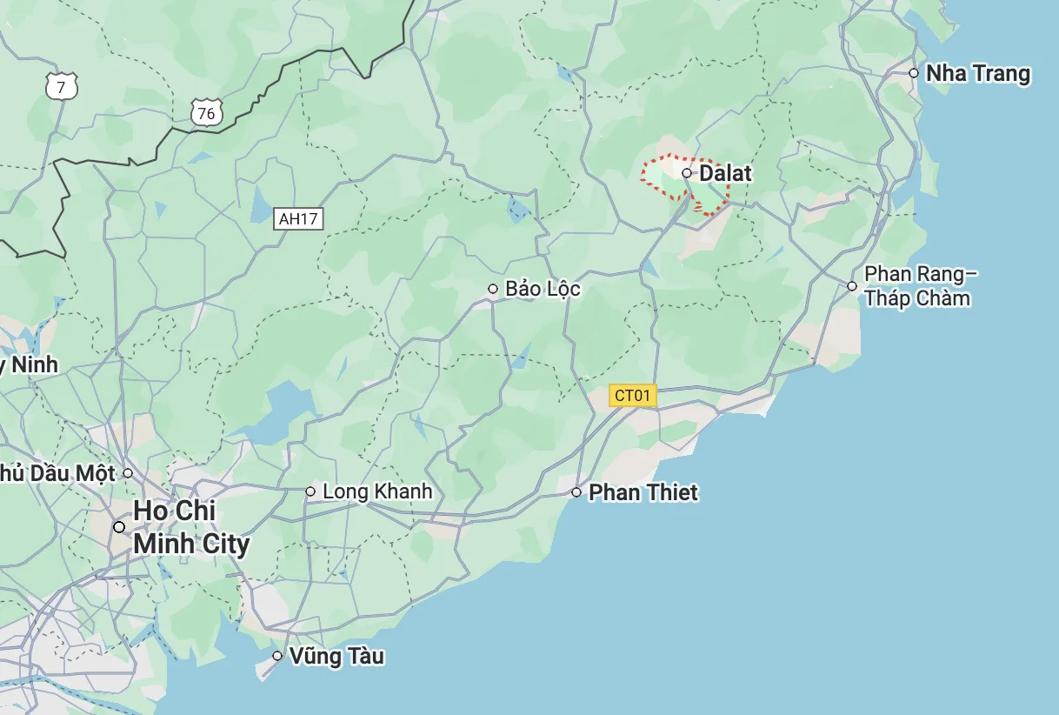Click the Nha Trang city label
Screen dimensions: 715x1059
[977, 74]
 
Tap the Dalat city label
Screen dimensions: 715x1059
[725, 173]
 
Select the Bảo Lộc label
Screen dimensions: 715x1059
[543, 289]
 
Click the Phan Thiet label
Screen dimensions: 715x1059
[643, 493]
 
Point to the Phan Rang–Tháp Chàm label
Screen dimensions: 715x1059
[920, 286]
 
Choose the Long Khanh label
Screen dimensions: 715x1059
[376, 491]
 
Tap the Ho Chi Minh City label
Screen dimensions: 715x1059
[190, 527]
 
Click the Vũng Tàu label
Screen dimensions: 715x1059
[336, 656]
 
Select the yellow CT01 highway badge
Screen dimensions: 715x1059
[632, 396]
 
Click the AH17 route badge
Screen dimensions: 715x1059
[298, 218]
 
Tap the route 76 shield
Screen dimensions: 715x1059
[206, 113]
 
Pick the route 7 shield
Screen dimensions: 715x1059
[60, 86]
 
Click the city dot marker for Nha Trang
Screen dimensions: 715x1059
[914, 73]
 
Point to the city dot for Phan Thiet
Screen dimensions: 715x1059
[576, 492]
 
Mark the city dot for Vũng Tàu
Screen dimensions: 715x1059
[277, 656]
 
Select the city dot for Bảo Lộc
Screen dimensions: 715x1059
[493, 289]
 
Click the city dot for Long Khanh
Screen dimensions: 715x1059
[310, 491]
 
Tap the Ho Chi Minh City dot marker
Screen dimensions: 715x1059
[119, 526]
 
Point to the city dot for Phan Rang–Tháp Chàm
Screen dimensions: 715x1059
[852, 285]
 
